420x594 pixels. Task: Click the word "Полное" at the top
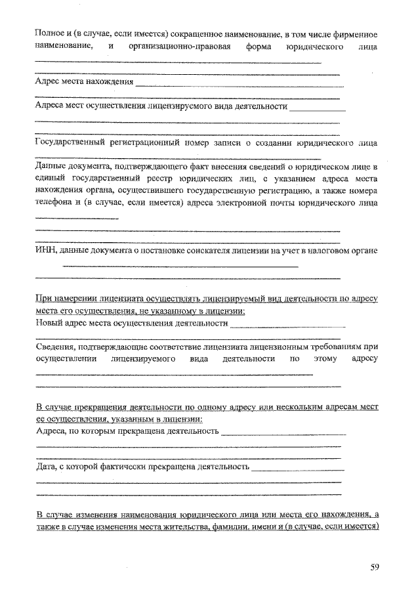[49, 33]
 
